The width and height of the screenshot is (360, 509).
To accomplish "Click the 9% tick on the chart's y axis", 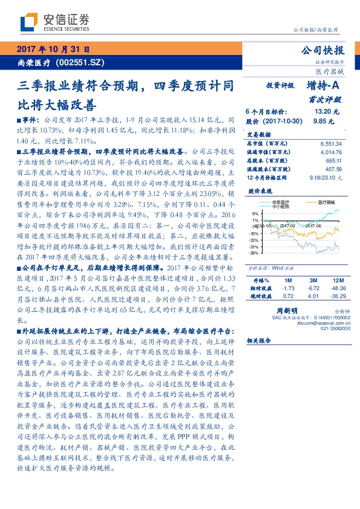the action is click(x=255, y=213).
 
